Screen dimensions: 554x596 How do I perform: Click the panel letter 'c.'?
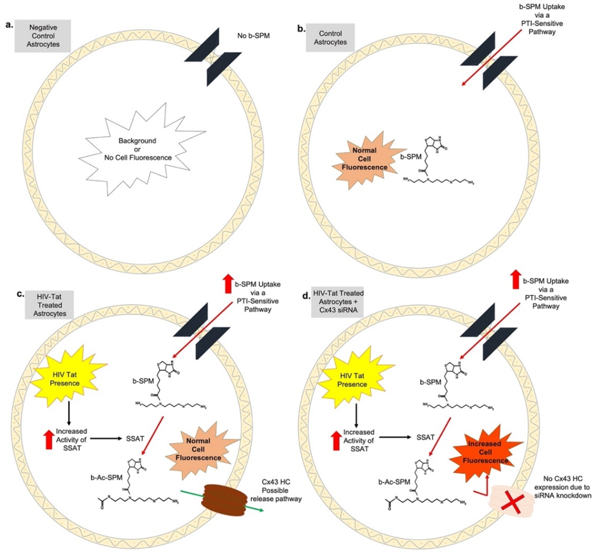[20, 295]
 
